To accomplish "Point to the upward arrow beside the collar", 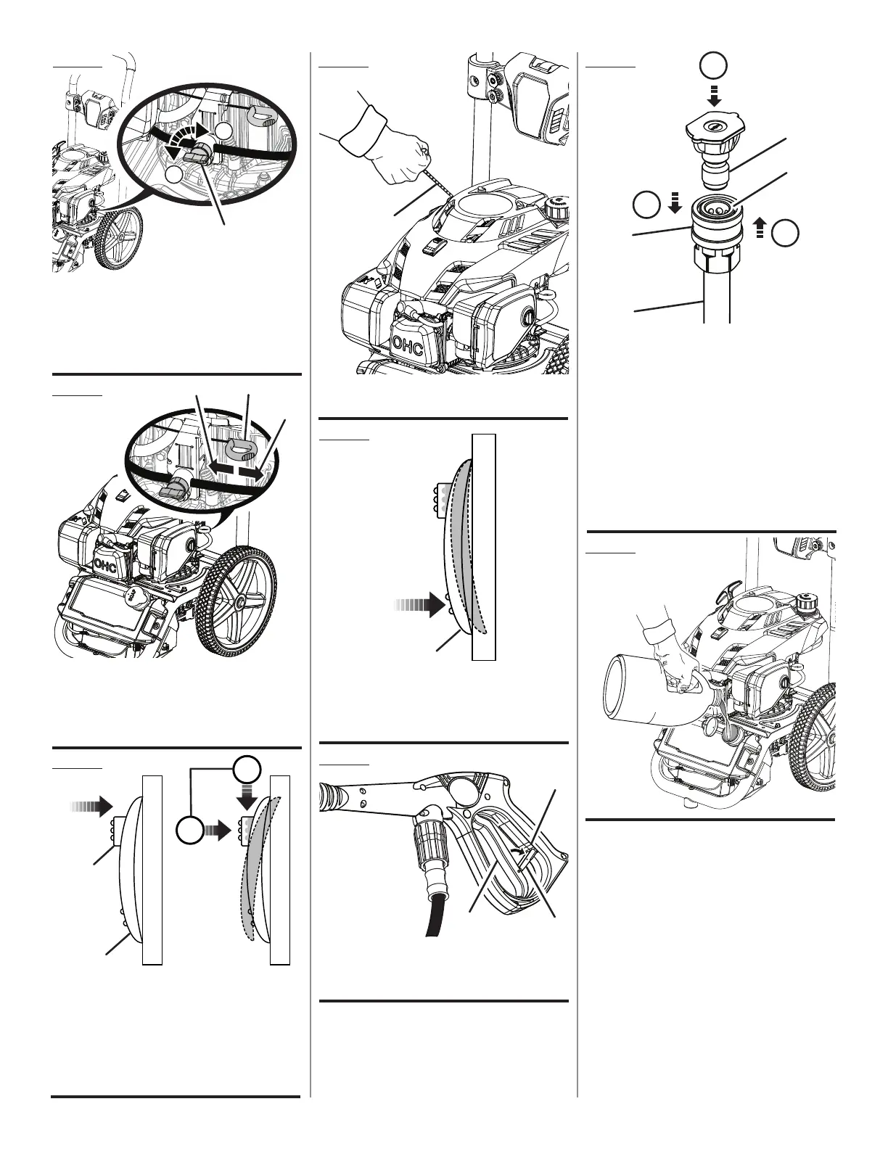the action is point(760,229).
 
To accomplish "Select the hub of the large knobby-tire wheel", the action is point(238,602).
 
